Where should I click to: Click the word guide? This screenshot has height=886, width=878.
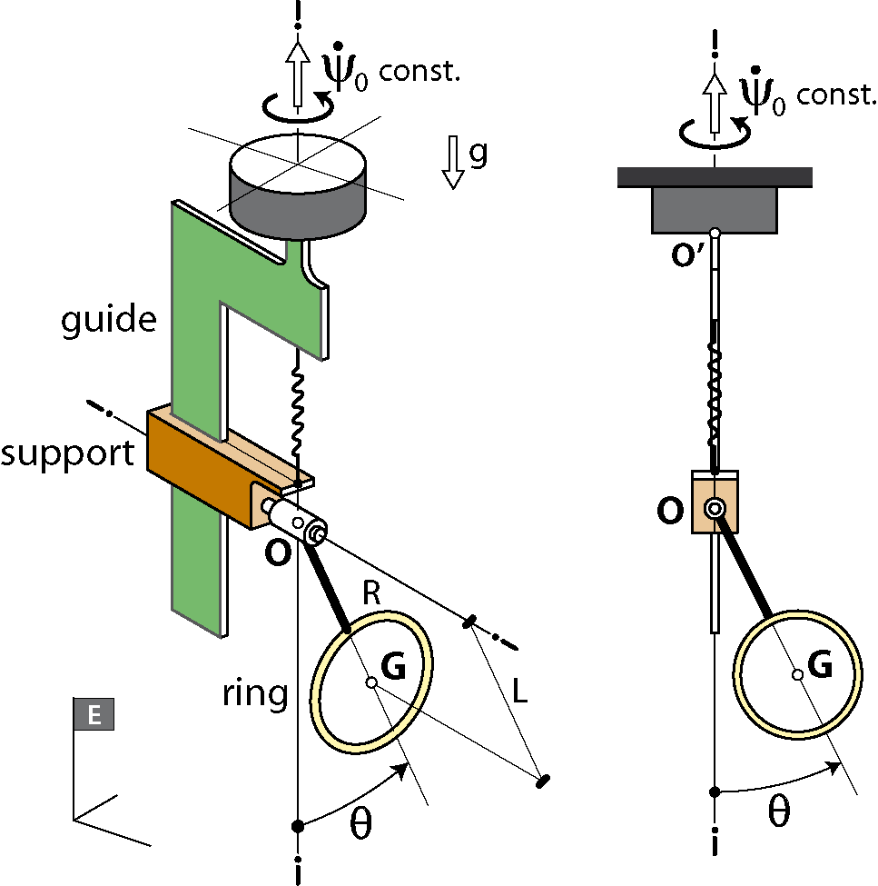coord(108,320)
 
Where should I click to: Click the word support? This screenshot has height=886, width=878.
coord(67,453)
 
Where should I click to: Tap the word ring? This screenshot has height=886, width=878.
coord(254,693)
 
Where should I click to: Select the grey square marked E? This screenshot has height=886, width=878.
coord(94,714)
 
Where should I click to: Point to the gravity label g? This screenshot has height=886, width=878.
coord(478,154)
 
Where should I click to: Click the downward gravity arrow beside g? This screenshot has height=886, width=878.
coord(452,162)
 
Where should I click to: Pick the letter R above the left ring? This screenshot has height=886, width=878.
coord(371,593)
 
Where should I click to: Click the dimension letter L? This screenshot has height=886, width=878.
coord(519,691)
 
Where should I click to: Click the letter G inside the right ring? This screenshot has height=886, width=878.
coord(820,663)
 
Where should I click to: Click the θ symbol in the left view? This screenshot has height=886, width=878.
coord(360,824)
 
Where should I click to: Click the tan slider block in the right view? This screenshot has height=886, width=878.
coord(715,502)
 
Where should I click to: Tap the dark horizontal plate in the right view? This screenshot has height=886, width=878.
coord(715,177)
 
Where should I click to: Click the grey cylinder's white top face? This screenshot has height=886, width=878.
coord(298,163)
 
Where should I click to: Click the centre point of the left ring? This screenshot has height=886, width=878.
coord(371,682)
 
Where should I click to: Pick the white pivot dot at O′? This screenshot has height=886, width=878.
coord(715,233)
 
